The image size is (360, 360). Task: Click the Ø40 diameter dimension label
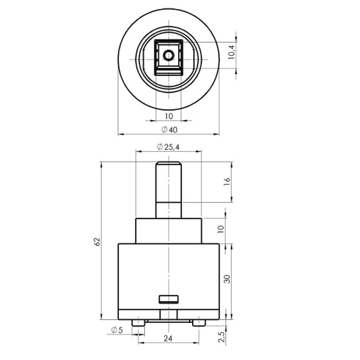tap(169, 130)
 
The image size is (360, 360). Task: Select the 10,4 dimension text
tap(231, 52)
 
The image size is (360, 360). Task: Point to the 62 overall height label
tap(97, 241)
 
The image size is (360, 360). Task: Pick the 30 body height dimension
tap(227, 279)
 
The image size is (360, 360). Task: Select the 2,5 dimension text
tap(222, 337)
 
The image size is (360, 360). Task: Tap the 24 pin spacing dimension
tap(168, 338)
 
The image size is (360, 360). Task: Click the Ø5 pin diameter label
tap(117, 330)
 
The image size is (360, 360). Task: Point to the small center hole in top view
tap(169, 55)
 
